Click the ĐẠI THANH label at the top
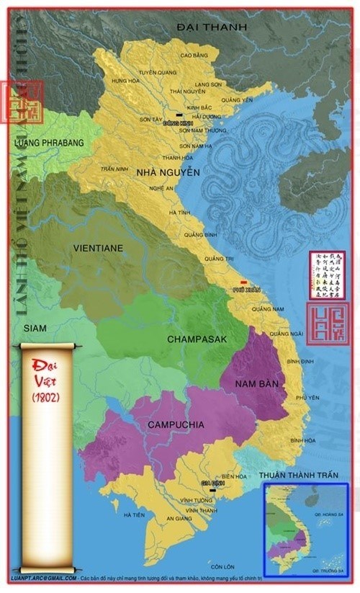pos(213,27)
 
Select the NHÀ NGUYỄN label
pos(168,172)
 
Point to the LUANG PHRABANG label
pos(49,143)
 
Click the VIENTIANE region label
pos(98,248)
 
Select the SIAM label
pos(35,328)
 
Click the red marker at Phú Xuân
pos(244,282)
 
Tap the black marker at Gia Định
pos(212,490)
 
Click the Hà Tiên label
pos(134,514)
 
